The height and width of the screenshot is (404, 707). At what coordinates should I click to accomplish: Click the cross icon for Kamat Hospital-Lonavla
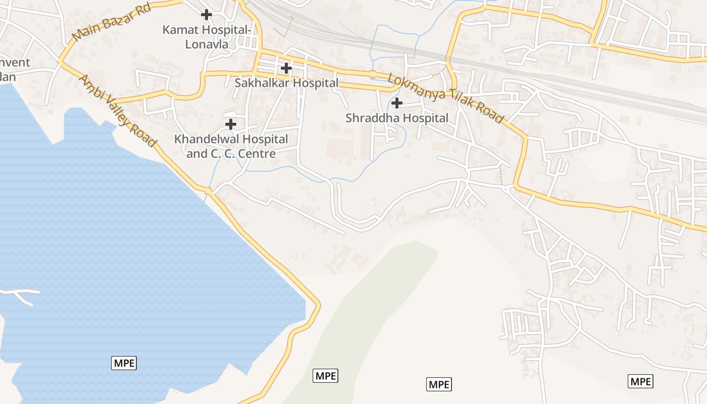pos(206,15)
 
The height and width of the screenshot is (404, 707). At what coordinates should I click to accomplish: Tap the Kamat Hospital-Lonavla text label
pos(207,37)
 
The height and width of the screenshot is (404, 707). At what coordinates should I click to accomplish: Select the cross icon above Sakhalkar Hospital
pos(286,68)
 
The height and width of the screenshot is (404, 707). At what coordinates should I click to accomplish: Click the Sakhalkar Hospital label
pos(286,83)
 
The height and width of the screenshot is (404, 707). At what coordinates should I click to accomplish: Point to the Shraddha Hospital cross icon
pos(397,103)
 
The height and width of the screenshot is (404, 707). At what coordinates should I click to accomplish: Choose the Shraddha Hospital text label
pos(397,118)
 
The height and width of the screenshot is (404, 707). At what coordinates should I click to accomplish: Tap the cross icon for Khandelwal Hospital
pos(231,124)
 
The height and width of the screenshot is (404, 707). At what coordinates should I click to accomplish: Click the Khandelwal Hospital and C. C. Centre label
pos(231,146)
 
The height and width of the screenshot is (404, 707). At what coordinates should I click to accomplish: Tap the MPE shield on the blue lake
pos(124,363)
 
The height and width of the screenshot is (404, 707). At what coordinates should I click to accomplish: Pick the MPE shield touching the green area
pos(325,376)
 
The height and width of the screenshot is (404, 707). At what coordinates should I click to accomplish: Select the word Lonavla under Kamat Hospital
pos(207,44)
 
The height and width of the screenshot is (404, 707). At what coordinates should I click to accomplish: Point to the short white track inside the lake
pos(20,294)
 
